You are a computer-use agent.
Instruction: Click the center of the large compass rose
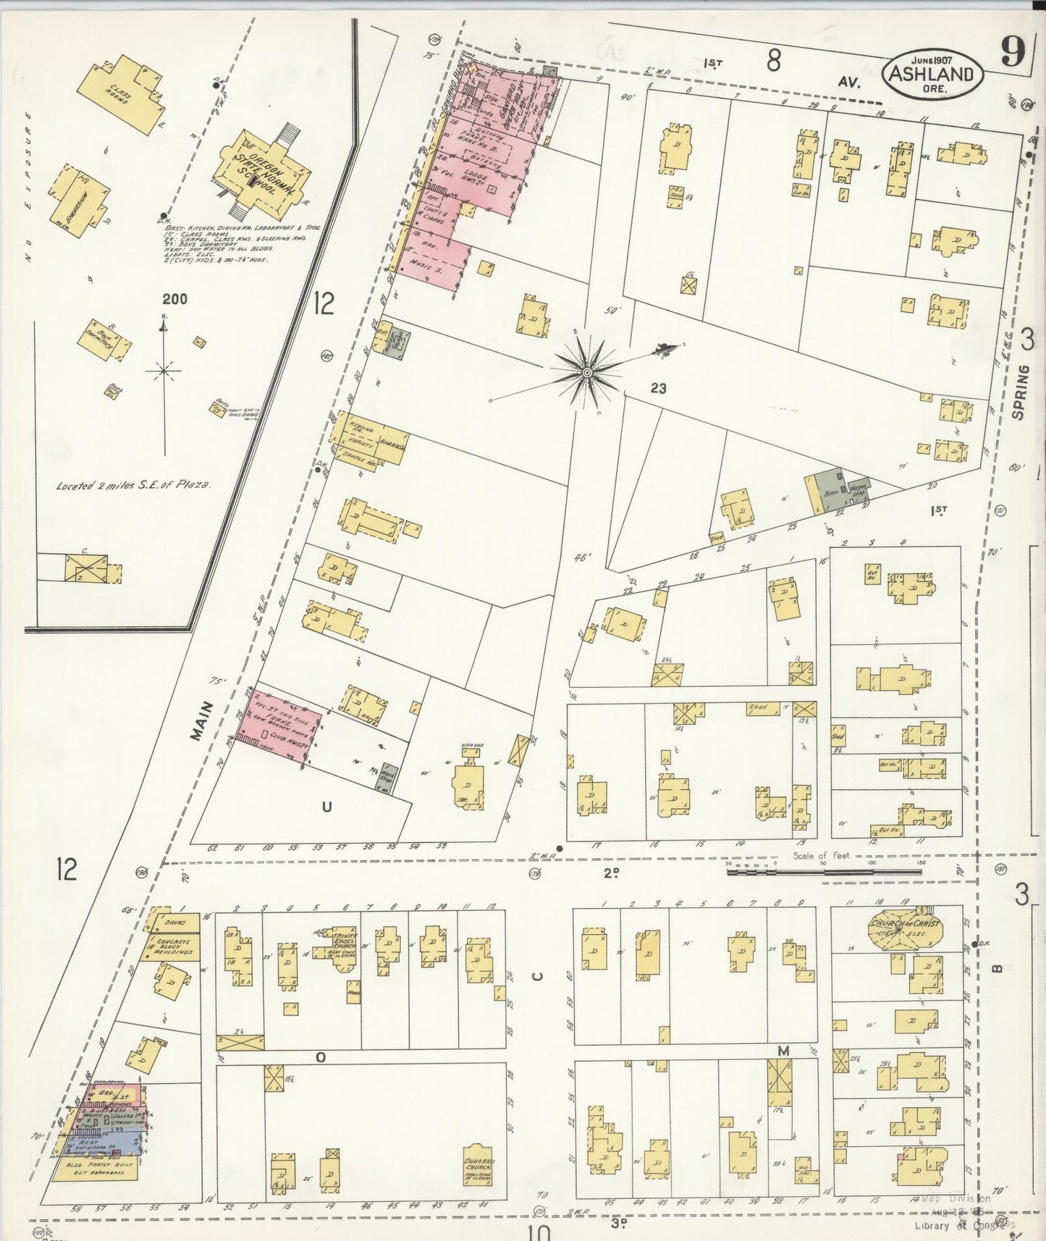587,372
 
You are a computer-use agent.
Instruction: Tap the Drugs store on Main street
174,922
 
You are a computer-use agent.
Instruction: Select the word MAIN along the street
202,720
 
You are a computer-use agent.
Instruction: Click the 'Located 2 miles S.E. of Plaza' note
134,486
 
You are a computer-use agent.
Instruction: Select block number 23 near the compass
657,389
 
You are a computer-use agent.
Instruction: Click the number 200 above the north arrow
174,298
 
